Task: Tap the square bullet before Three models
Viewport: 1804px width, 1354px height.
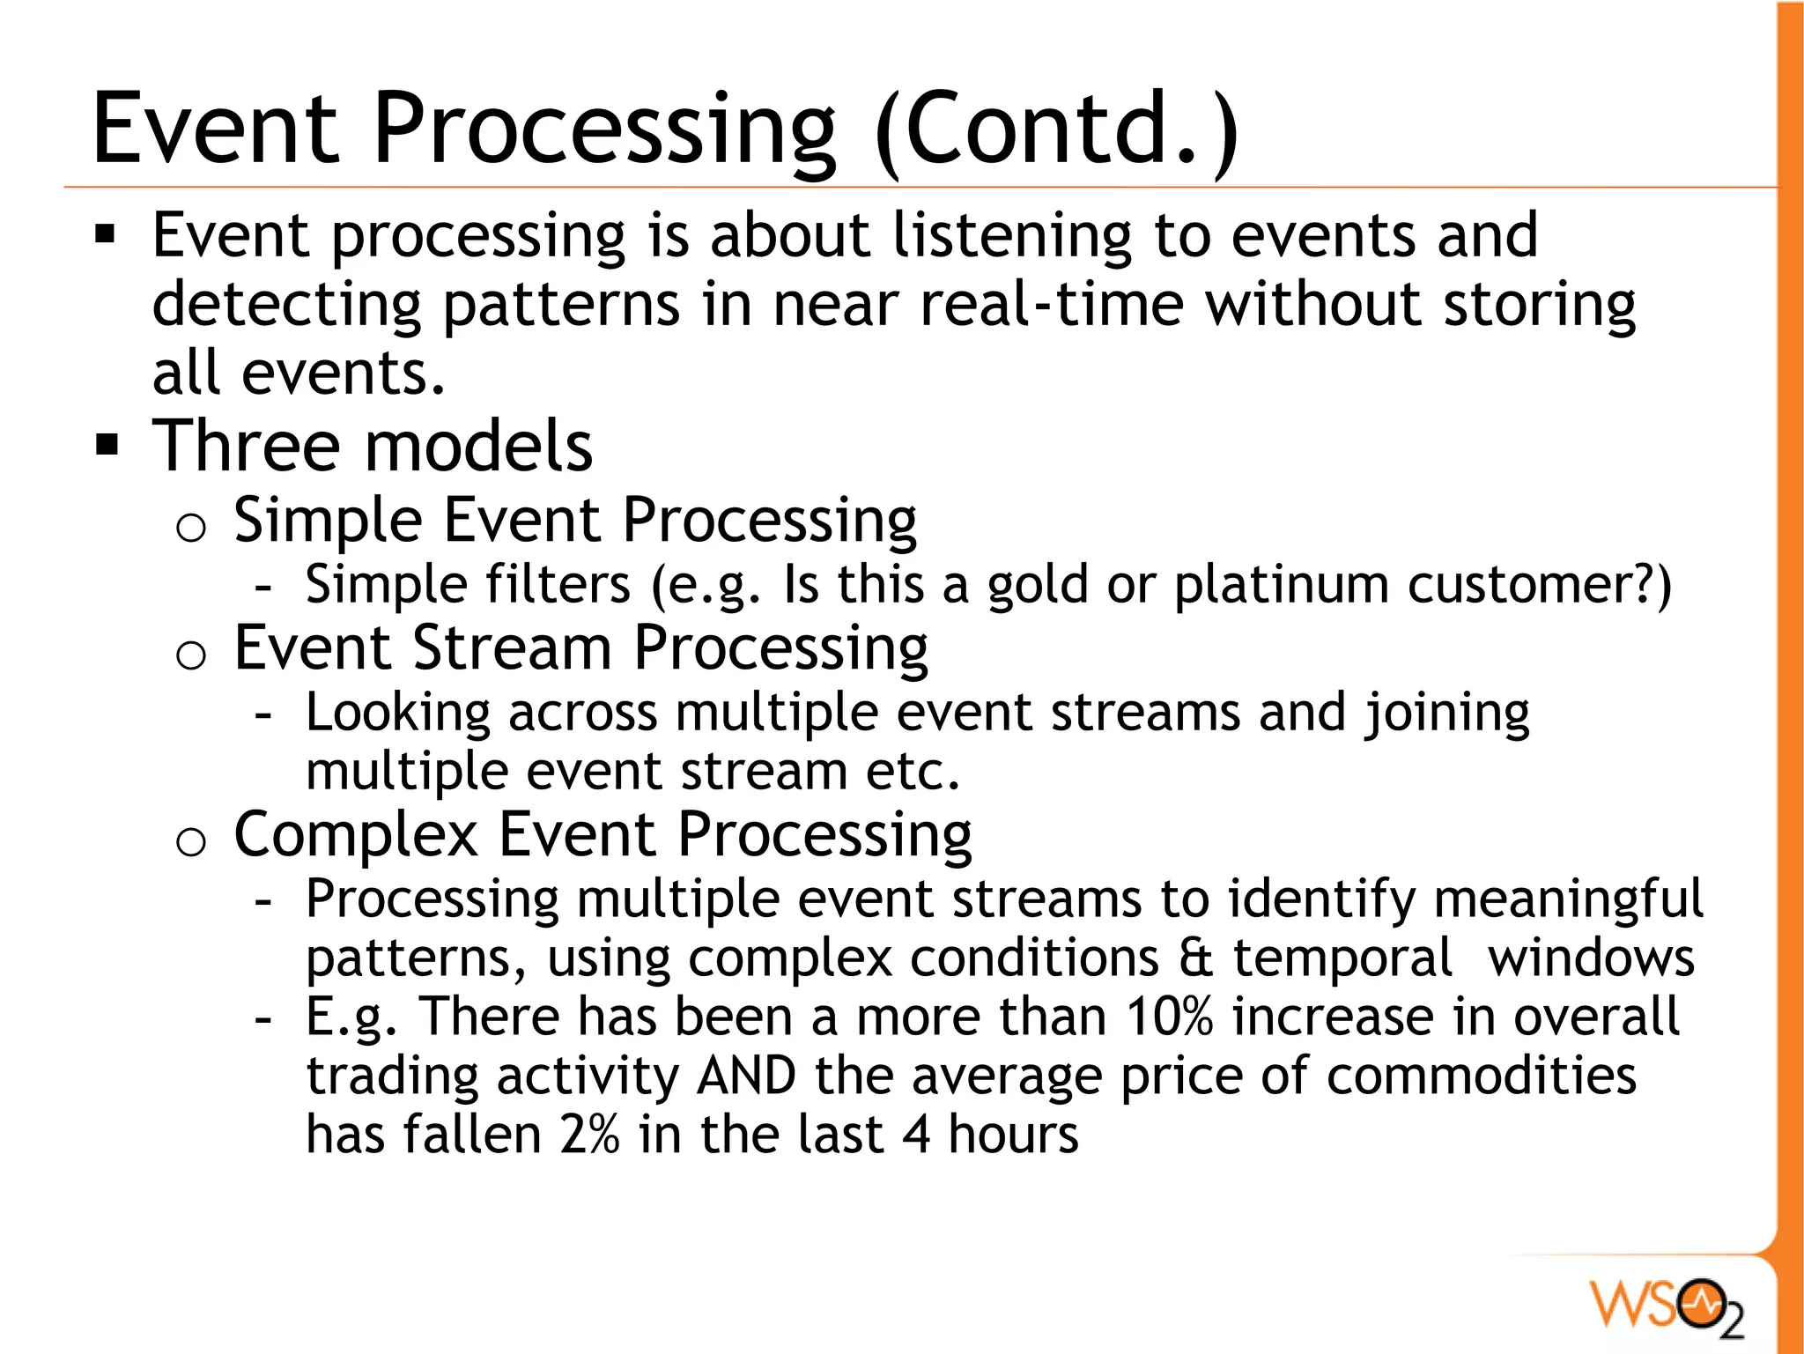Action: pos(107,446)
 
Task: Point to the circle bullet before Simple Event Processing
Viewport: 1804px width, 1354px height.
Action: pos(190,529)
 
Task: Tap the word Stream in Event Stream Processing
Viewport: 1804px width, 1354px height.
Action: pos(512,648)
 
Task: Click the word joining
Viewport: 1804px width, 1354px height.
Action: pos(1447,714)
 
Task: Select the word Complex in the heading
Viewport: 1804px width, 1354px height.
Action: pos(356,835)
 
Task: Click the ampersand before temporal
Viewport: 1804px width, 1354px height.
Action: pos(1195,958)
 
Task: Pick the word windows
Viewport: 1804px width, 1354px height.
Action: pos(1591,958)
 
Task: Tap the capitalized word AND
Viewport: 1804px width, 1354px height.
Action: pos(746,1077)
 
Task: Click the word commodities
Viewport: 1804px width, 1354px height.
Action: pos(1481,1077)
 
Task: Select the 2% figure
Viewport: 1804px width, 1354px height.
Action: pos(589,1135)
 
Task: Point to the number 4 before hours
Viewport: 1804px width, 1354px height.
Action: pos(916,1135)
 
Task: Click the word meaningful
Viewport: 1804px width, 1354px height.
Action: pos(1568,900)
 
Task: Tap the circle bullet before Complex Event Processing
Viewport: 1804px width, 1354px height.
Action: pos(190,843)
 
